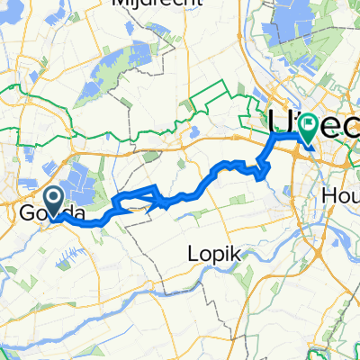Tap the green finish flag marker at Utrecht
(308, 129)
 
